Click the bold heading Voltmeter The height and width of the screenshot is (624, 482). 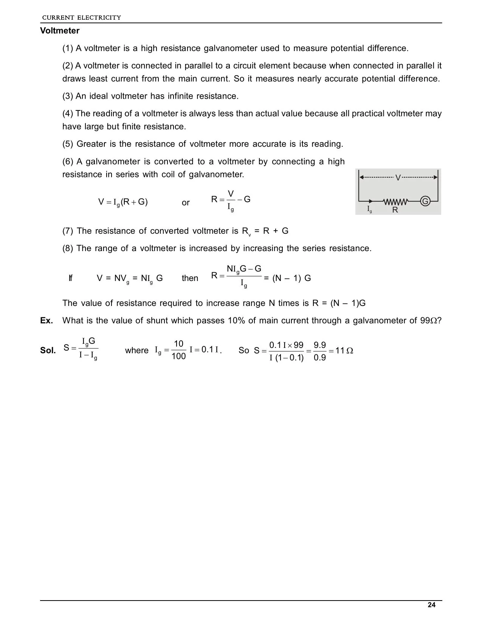click(60, 31)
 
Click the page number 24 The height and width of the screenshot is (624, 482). click(431, 605)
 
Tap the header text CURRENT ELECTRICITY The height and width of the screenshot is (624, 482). click(81, 17)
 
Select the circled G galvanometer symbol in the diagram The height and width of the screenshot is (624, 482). click(425, 201)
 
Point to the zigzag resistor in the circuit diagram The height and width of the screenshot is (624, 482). click(396, 201)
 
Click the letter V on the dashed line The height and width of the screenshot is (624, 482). click(398, 177)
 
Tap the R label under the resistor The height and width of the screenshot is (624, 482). click(395, 210)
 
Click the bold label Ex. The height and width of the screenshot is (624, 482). click(46, 321)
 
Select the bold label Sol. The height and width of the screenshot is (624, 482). click(48, 351)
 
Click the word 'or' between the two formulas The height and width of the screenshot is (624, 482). click(186, 203)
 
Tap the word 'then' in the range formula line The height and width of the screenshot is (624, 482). click(190, 278)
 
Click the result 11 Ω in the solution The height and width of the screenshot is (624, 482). click(344, 351)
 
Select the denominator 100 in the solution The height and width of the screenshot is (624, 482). click(178, 357)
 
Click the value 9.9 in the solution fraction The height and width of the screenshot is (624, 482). click(320, 345)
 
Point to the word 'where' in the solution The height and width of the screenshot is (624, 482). click(137, 351)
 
